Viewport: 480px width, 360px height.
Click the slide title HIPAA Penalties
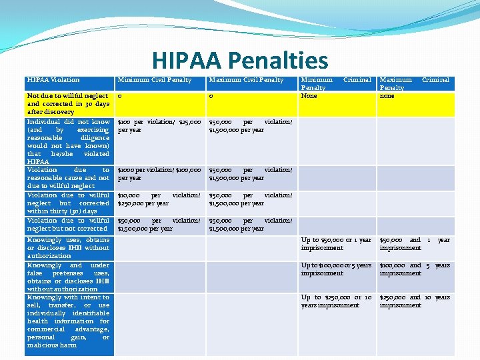pyautogui.click(x=240, y=61)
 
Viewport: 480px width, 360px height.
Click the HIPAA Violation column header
pyautogui.click(x=53, y=80)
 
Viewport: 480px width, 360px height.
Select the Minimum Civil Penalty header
pyautogui.click(x=155, y=80)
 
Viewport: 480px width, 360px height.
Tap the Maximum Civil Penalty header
pyautogui.click(x=246, y=80)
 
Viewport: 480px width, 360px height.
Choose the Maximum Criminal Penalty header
pyautogui.click(x=414, y=83)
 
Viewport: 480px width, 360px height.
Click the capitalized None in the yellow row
pyautogui.click(x=309, y=96)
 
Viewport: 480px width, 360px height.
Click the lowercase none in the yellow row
pyautogui.click(x=387, y=96)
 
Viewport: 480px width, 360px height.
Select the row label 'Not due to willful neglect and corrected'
pyautogui.click(x=68, y=104)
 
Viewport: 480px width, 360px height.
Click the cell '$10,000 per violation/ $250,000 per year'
pyautogui.click(x=159, y=199)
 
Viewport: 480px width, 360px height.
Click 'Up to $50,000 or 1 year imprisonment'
pyautogui.click(x=336, y=244)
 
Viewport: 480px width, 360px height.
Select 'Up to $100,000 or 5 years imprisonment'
pyautogui.click(x=336, y=269)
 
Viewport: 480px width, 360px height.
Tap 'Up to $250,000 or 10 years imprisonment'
pyautogui.click(x=336, y=301)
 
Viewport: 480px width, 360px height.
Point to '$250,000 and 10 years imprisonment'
pyautogui.click(x=414, y=301)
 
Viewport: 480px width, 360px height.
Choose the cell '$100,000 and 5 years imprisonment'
pyautogui.click(x=414, y=269)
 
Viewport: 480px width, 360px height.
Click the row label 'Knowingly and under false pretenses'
pyautogui.click(x=68, y=277)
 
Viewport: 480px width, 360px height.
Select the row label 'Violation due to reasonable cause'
pyautogui.click(x=68, y=178)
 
